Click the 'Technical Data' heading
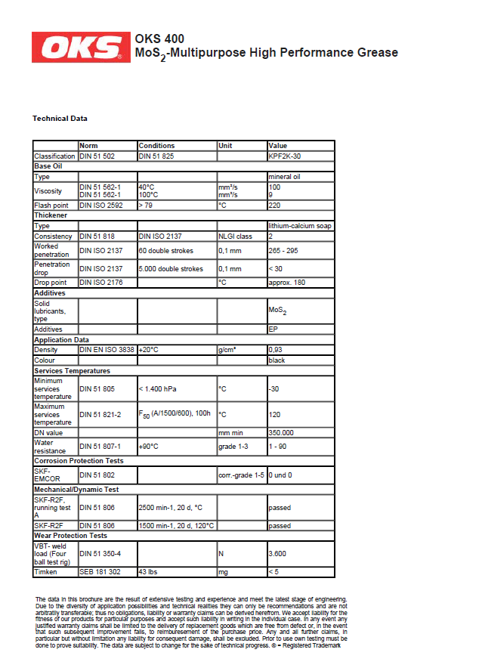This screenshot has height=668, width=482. [60, 119]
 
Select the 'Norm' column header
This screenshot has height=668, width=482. [89, 146]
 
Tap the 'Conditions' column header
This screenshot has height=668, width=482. [156, 146]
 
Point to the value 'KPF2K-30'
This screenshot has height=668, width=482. [284, 156]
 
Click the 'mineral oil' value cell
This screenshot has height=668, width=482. [285, 177]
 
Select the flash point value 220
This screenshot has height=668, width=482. [274, 205]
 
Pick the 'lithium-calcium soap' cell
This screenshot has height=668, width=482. [300, 225]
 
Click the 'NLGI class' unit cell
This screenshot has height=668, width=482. [235, 236]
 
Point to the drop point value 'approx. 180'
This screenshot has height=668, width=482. [287, 283]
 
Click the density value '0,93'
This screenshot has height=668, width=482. [276, 350]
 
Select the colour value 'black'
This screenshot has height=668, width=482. [277, 360]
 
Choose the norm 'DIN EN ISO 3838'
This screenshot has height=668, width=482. [107, 350]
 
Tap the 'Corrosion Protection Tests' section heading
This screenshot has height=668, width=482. [79, 460]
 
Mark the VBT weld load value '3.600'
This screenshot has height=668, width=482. [277, 553]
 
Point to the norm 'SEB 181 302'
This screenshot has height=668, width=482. [100, 572]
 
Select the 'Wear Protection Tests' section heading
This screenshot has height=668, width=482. [70, 536]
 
